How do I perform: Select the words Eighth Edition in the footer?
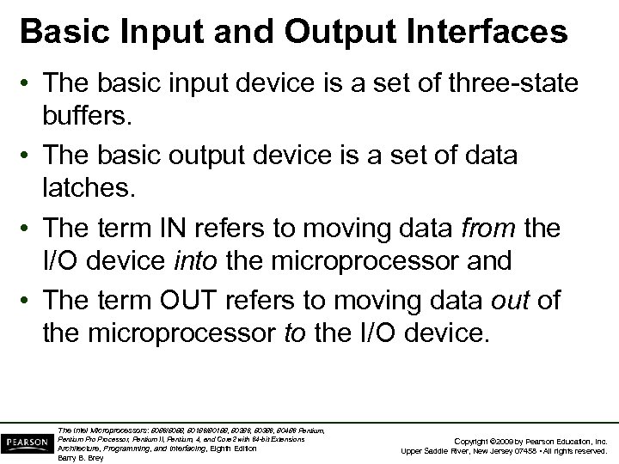click(232, 449)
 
